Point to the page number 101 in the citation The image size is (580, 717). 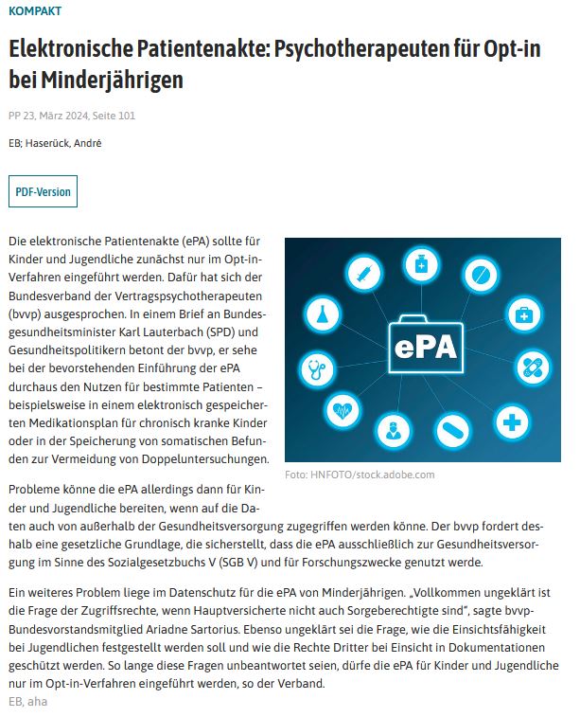(135, 117)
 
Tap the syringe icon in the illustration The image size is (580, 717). (360, 275)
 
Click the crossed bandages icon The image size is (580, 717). (531, 368)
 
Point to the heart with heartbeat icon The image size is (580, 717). (343, 411)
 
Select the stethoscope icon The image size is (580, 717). (315, 367)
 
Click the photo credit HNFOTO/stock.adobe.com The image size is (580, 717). (360, 475)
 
